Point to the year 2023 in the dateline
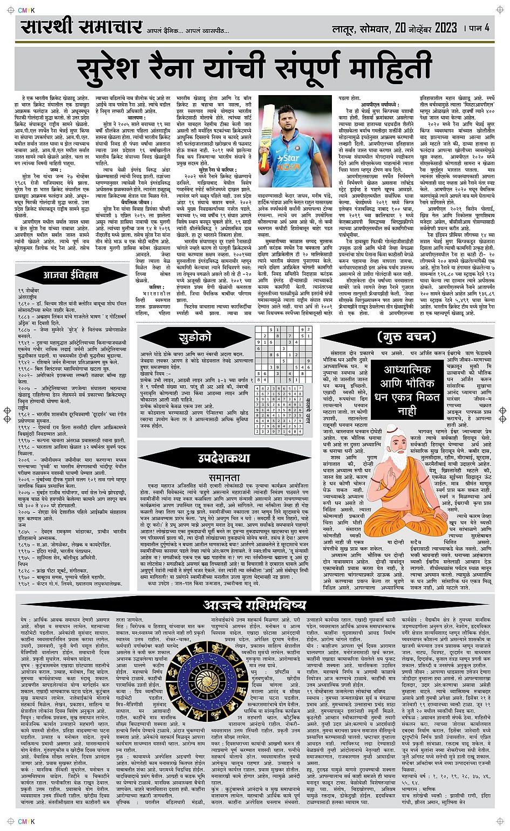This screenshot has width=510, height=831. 431,28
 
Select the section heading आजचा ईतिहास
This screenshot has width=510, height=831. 71,275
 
